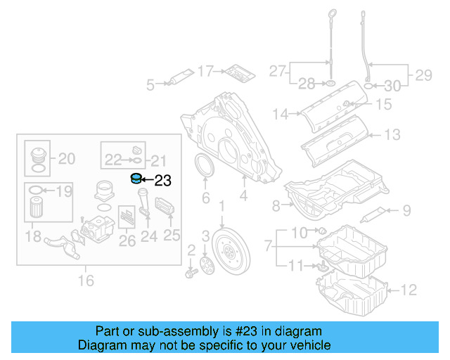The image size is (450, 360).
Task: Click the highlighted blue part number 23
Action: pyautogui.click(x=136, y=179)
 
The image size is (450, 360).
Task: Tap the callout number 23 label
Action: pyautogui.click(x=162, y=181)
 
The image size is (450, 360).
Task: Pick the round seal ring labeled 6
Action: pyautogui.click(x=205, y=172)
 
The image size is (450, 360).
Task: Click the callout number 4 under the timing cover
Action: pyautogui.click(x=243, y=198)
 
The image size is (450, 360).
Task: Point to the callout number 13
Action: pyautogui.click(x=392, y=134)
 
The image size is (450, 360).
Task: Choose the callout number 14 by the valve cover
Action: pyautogui.click(x=281, y=113)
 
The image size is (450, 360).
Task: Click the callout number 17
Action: pyautogui.click(x=205, y=70)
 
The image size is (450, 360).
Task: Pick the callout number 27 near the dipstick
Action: pyautogui.click(x=278, y=70)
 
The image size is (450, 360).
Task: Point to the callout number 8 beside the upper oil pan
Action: pyautogui.click(x=276, y=205)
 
